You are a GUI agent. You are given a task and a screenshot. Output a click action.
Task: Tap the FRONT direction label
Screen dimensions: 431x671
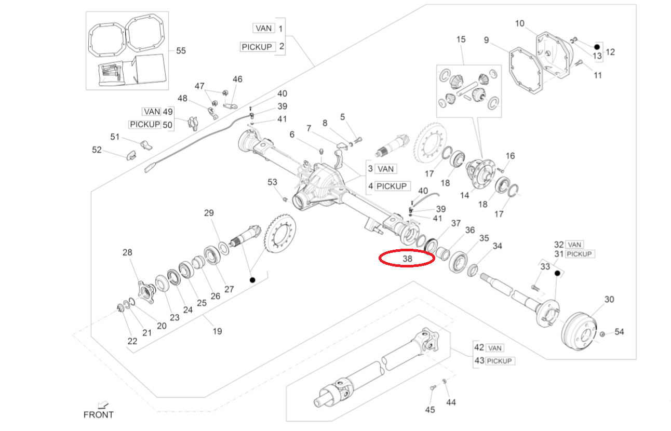click(98, 414)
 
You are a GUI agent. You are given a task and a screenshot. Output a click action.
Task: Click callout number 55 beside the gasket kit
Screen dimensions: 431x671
click(181, 51)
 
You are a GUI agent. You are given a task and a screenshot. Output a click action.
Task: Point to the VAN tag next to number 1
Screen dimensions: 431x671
click(264, 28)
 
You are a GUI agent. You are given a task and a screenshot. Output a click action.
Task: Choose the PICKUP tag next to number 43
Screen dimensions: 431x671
click(500, 361)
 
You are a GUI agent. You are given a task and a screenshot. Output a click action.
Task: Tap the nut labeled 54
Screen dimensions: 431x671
click(602, 333)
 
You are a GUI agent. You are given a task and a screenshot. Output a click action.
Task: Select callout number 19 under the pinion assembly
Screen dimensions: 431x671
click(217, 330)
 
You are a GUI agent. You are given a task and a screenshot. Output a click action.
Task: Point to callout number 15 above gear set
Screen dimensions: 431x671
click(461, 40)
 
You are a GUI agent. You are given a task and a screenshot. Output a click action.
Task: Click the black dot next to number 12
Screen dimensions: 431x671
click(597, 46)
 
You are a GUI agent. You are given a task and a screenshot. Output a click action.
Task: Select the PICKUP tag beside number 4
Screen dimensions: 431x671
click(393, 186)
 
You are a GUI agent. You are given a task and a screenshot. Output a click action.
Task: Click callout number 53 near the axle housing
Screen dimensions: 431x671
click(273, 182)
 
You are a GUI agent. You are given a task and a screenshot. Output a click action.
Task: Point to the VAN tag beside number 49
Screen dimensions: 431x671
click(152, 112)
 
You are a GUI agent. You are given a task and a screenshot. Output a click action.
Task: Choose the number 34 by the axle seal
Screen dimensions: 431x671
click(497, 246)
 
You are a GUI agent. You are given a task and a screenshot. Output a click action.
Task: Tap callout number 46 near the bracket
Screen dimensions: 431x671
click(237, 79)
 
